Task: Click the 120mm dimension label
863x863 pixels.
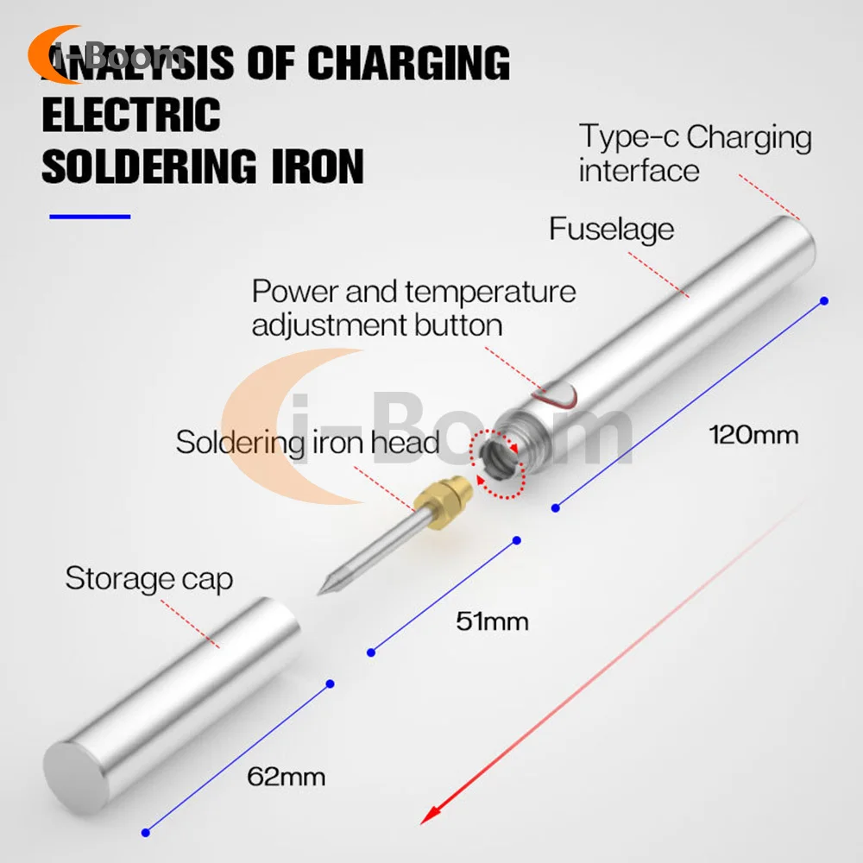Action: coord(753,434)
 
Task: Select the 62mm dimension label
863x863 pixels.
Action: coord(287,777)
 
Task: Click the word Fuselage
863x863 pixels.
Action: coord(611,230)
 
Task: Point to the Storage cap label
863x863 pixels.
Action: coord(148,578)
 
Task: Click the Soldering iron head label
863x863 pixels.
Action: coord(308,443)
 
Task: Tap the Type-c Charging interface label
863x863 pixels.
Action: coord(695,153)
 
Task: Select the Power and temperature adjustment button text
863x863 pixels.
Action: coord(413,308)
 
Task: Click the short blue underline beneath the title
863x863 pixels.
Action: coord(90,217)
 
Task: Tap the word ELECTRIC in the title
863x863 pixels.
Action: coord(131,115)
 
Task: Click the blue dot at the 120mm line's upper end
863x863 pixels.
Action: coord(824,300)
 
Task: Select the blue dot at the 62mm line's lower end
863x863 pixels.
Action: coord(146,832)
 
